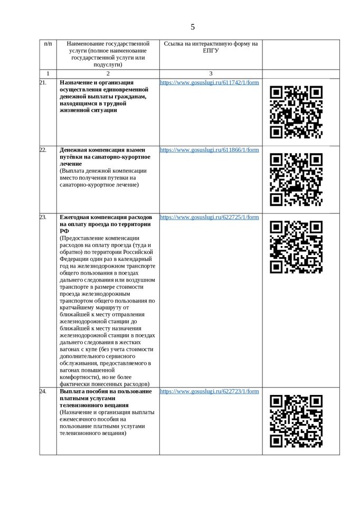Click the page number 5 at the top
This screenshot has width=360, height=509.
[193, 27]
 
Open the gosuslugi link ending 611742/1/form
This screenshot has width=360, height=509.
[209, 83]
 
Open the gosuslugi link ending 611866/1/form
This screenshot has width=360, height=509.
[209, 150]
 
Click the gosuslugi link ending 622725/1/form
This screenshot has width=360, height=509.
[209, 217]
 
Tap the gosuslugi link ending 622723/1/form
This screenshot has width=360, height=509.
[209, 391]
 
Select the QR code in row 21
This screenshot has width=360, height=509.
[296, 112]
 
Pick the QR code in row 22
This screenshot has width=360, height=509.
[296, 179]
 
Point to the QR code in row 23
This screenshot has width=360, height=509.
[296, 247]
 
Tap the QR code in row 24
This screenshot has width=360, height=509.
[296, 421]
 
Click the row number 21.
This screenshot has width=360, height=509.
[43, 83]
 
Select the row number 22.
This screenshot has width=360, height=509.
[43, 150]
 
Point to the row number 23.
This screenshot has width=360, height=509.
[43, 217]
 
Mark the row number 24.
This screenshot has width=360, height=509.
[43, 391]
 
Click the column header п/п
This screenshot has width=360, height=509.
[48, 44]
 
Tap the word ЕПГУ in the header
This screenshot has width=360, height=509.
[211, 51]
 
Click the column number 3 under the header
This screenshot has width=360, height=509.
[211, 74]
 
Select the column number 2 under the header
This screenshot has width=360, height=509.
[108, 74]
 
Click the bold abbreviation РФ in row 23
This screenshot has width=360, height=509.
[64, 231]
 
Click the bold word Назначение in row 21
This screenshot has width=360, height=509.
[77, 83]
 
